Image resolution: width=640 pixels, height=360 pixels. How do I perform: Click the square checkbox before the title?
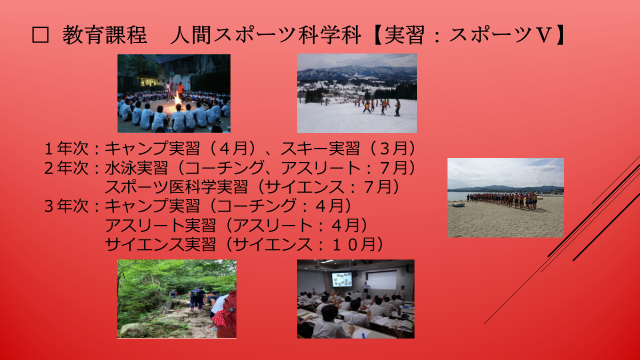[x=40, y=35]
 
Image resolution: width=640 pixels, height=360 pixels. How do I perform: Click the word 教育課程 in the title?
[x=104, y=35]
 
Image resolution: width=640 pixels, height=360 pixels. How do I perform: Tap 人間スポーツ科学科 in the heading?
[x=265, y=35]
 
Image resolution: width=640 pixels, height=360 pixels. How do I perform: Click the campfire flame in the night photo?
[x=178, y=100]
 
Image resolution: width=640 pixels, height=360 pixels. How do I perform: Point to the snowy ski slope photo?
[x=357, y=93]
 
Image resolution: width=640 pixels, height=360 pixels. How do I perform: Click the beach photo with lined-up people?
[x=505, y=198]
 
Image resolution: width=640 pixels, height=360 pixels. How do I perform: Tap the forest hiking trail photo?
[x=177, y=299]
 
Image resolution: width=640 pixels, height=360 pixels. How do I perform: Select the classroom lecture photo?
[x=356, y=299]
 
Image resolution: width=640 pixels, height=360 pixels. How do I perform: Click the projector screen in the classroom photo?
[x=382, y=280]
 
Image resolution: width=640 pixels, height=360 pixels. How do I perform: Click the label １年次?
[x=67, y=148]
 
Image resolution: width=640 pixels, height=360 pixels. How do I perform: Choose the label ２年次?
[x=67, y=168]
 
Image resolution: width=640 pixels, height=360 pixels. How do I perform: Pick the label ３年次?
[x=67, y=206]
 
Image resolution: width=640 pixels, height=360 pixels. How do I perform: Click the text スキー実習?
[x=320, y=148]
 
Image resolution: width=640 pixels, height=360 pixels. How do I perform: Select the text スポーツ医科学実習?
[x=176, y=187]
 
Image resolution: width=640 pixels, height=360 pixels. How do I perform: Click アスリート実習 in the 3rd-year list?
[x=160, y=225]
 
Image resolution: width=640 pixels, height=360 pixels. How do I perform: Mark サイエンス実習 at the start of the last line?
[x=160, y=244]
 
